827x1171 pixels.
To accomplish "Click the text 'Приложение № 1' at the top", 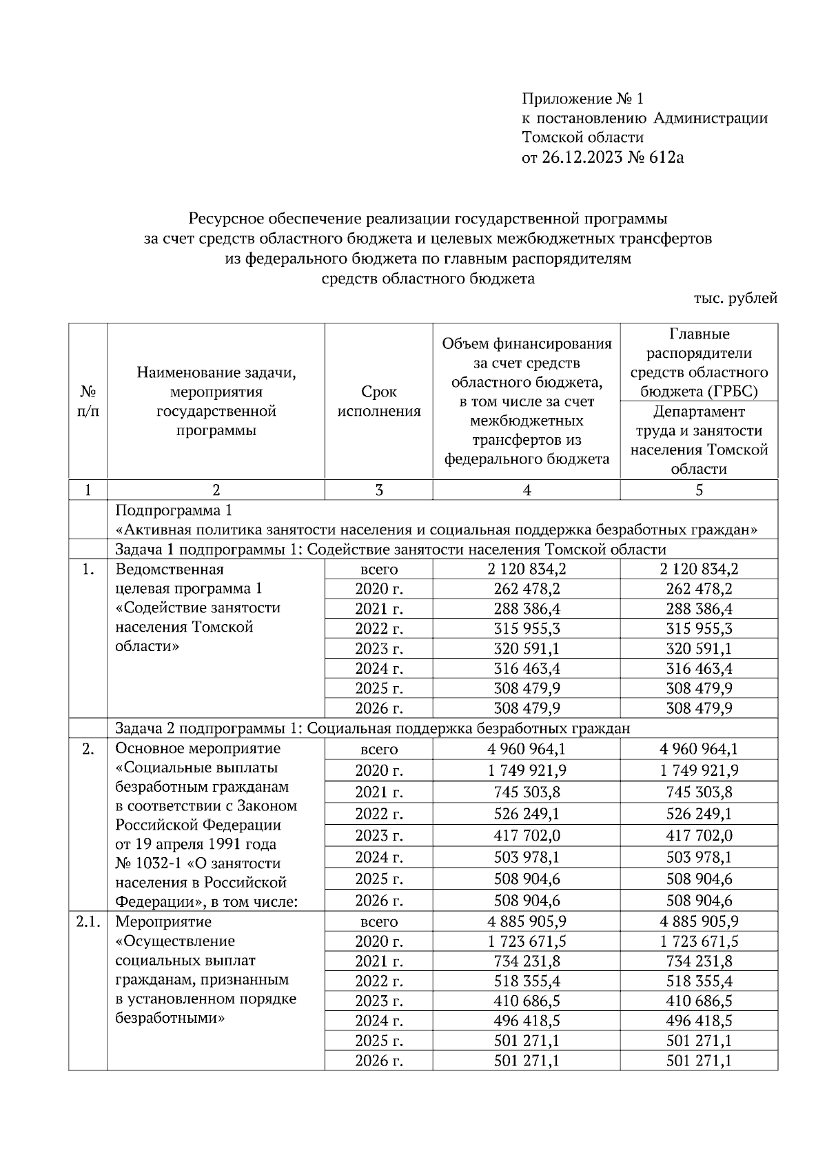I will pyautogui.click(x=582, y=99).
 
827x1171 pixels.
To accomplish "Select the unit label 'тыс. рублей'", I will pyautogui.click(x=735, y=298).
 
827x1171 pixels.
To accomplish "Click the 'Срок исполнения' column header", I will pyautogui.click(x=379, y=401).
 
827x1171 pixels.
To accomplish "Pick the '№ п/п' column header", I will pyautogui.click(x=88, y=401).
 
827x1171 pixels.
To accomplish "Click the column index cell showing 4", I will pyautogui.click(x=527, y=490).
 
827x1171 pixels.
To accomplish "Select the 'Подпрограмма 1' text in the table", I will pyautogui.click(x=174, y=510).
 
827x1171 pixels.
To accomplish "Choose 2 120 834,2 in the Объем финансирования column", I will pyautogui.click(x=527, y=570).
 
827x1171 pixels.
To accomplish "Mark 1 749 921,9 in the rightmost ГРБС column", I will pyautogui.click(x=699, y=770).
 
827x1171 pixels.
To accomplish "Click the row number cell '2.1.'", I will pyautogui.click(x=88, y=922).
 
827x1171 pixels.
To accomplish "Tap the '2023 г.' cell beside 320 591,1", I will pyautogui.click(x=379, y=649).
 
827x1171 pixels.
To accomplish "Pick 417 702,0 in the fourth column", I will pyautogui.click(x=527, y=836).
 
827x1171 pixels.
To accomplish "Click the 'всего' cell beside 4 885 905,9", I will pyautogui.click(x=379, y=922).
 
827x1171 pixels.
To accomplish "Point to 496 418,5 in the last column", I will pyautogui.click(x=699, y=1021).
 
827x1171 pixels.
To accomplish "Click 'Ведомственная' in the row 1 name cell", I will pyautogui.click(x=170, y=570).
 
